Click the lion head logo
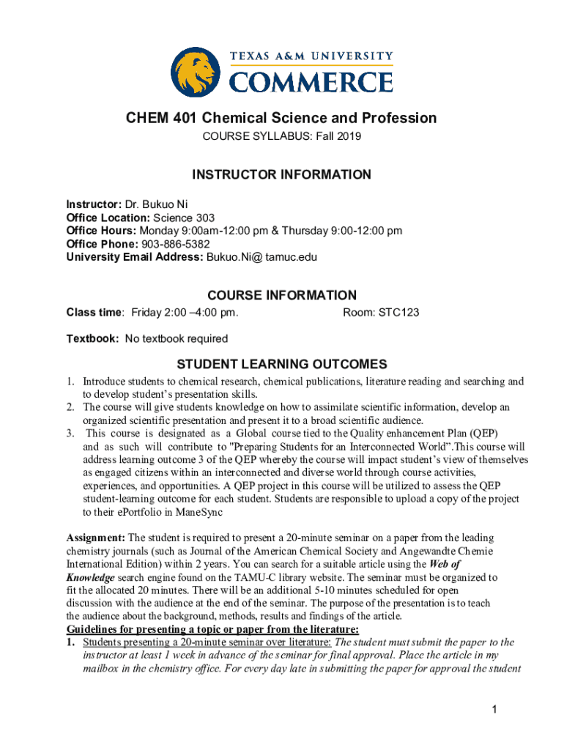[196, 73]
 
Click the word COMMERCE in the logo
[311, 81]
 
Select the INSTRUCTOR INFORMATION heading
[281, 174]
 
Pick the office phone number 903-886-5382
[175, 244]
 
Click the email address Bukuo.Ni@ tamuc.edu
[262, 257]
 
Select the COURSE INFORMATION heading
[282, 295]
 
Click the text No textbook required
[177, 338]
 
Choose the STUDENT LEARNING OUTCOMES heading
[282, 364]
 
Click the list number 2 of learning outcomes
[70, 407]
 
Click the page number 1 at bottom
[495, 709]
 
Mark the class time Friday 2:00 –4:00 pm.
[185, 313]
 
